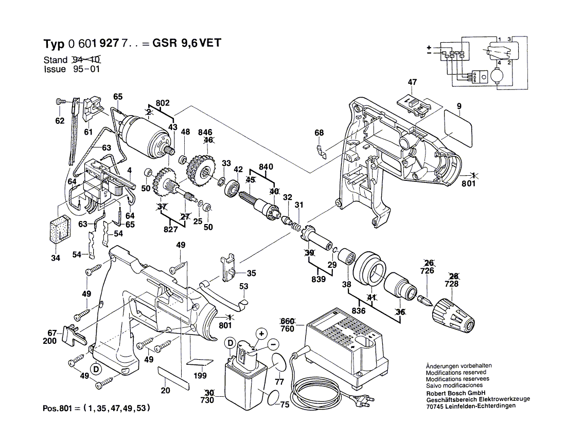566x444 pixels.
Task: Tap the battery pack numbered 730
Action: pos(245,375)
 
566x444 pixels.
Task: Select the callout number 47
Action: pos(412,82)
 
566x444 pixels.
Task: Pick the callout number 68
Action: pos(319,132)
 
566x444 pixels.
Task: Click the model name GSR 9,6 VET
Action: pos(187,43)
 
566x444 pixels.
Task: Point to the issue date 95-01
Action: pos(86,69)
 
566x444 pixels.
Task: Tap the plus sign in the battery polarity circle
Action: pos(262,334)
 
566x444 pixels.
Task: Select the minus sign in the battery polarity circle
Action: pos(273,344)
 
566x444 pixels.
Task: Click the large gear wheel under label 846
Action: pos(200,170)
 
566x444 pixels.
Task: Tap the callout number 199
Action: pos(200,376)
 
